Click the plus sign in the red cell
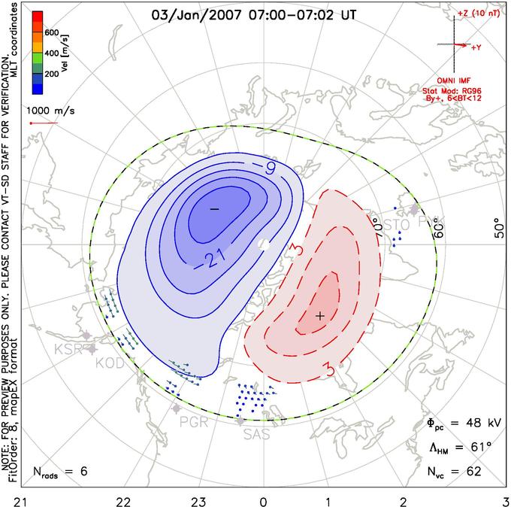pyautogui.click(x=320, y=315)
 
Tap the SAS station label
pyautogui.click(x=255, y=433)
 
